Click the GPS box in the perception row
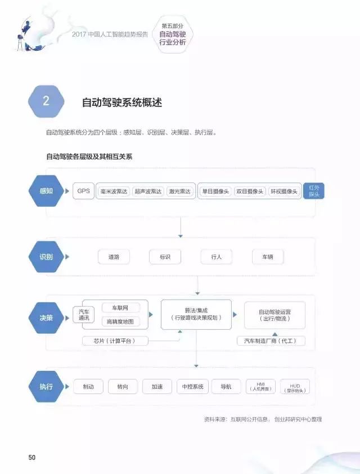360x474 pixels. click(83, 191)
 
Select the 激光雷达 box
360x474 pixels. click(179, 191)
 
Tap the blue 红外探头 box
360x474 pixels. click(314, 191)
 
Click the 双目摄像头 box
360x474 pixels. click(250, 191)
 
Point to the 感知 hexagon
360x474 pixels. click(46, 191)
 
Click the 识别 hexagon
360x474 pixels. click(46, 257)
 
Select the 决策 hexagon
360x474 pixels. click(46, 318)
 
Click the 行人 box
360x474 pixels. click(217, 257)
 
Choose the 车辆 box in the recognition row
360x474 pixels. click(268, 257)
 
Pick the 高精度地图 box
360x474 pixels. click(120, 321)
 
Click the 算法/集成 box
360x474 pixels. click(196, 314)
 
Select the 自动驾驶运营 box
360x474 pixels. click(274, 315)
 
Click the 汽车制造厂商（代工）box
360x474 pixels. click(271, 341)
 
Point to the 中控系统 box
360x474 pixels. click(192, 387)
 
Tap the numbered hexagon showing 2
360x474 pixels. click(46, 101)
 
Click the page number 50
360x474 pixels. click(32, 457)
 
